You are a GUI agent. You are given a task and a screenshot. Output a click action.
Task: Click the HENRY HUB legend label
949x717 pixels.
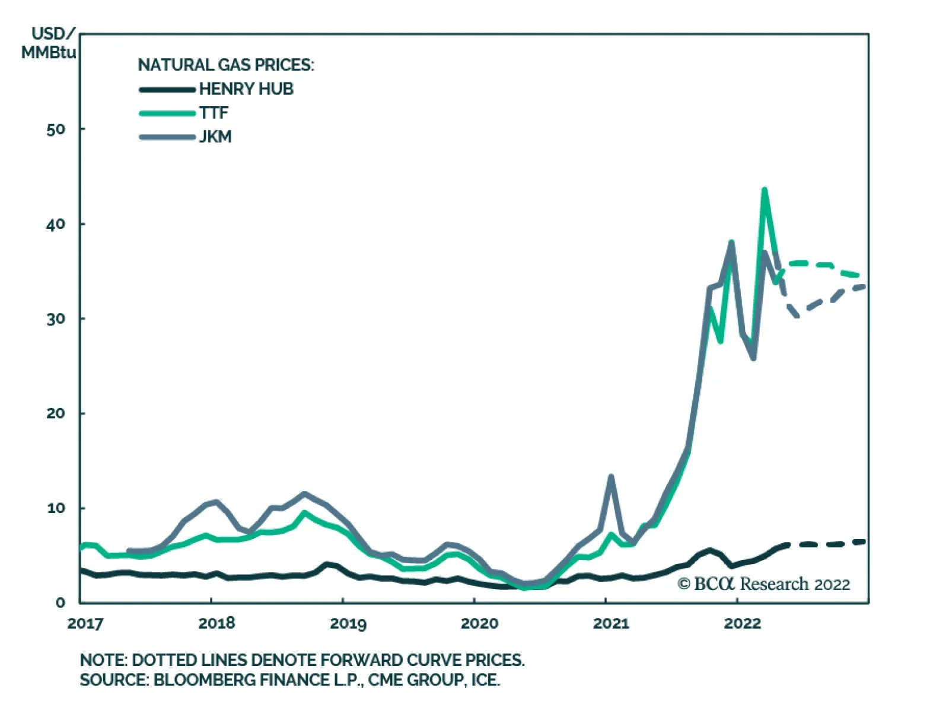(x=246, y=89)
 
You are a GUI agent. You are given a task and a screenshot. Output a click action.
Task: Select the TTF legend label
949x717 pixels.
(x=214, y=113)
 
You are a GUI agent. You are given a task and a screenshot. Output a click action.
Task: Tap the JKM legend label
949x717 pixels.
(x=215, y=137)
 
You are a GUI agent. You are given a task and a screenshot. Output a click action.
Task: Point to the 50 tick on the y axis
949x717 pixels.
(x=56, y=129)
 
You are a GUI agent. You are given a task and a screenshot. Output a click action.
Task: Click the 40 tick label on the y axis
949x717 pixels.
(x=56, y=224)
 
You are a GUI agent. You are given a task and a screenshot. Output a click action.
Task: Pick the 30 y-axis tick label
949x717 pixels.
(x=56, y=319)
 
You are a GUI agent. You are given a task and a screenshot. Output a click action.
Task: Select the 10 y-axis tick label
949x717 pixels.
(x=56, y=508)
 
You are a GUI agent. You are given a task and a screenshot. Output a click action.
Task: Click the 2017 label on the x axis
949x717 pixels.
(x=85, y=623)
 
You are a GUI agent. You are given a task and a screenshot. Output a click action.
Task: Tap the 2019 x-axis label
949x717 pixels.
(x=348, y=623)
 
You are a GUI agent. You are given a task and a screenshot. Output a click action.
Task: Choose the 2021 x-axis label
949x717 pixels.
(x=611, y=623)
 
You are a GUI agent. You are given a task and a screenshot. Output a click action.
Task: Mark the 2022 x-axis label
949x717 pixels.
(x=742, y=623)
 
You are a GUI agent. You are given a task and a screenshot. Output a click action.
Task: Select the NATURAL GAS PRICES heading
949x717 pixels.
(x=226, y=65)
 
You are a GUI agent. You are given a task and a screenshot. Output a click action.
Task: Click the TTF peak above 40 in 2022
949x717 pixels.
(x=764, y=190)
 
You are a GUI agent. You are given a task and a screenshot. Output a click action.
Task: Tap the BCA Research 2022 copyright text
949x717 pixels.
(x=764, y=584)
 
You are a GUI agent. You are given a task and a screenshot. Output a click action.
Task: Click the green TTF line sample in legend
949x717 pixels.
(x=167, y=113)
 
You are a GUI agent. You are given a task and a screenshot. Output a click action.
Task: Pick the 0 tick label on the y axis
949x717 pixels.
(x=60, y=603)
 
